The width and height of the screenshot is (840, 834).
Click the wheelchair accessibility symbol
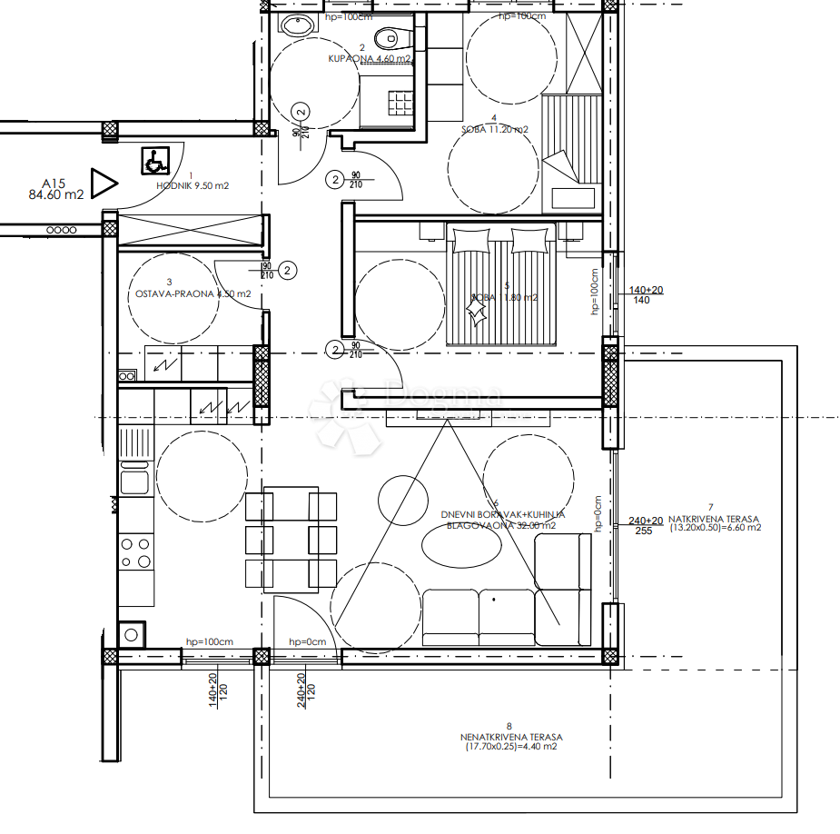point(153,162)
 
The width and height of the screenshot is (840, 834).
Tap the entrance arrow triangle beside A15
point(104,184)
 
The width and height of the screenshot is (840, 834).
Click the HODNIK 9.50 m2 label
point(192,185)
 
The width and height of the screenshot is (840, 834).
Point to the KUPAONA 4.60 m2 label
point(369,58)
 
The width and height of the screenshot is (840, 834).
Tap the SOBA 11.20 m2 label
point(495,129)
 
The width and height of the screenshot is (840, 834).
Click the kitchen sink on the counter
point(135,482)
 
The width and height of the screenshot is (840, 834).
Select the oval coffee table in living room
point(461,547)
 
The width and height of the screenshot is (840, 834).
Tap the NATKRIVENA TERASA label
point(715,521)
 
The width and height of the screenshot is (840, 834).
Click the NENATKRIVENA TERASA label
point(510,741)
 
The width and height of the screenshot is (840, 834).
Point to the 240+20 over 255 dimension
point(646,526)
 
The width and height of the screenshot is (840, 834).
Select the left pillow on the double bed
point(470,239)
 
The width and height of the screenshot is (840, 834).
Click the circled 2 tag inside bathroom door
point(302,111)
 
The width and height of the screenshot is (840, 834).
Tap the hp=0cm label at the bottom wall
point(307,642)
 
